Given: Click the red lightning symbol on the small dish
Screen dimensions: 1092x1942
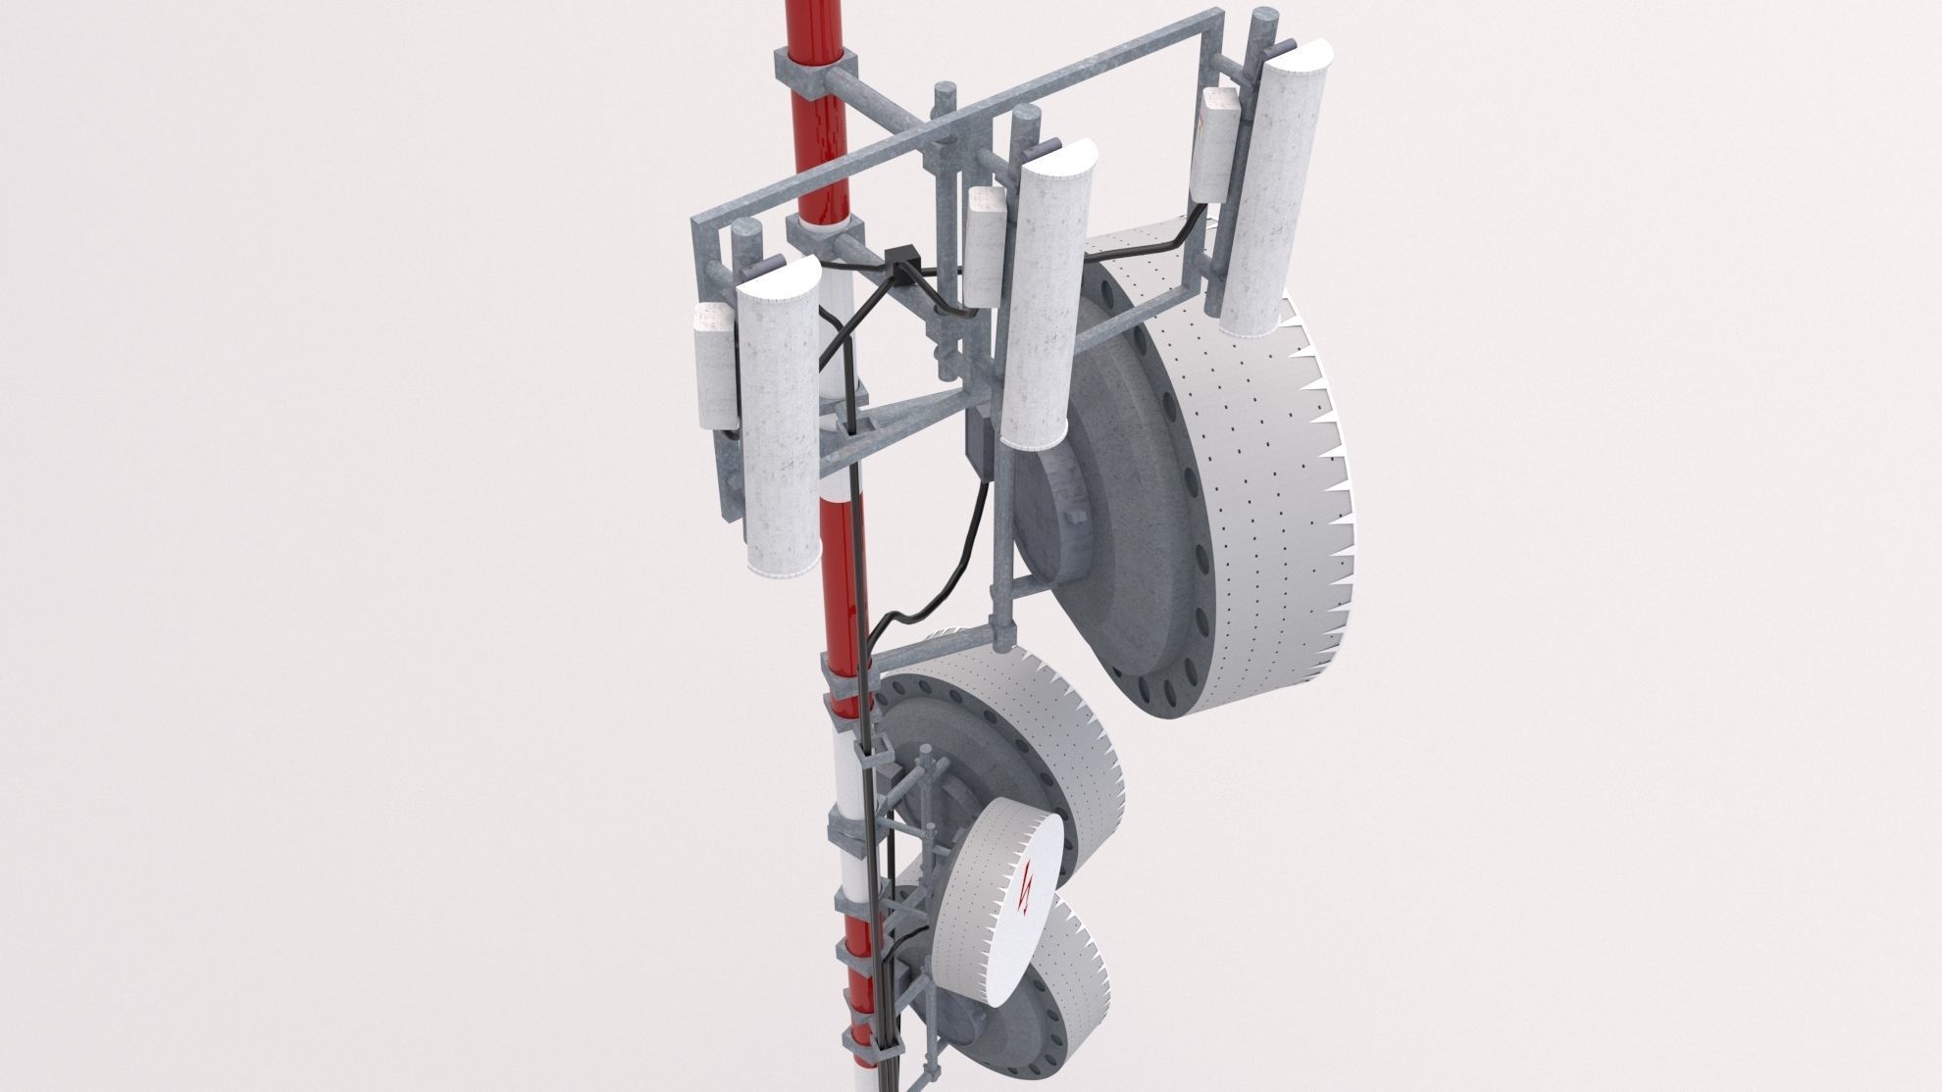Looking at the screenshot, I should [x=1025, y=889].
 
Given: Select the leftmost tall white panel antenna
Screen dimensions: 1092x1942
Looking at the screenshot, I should [x=780, y=431].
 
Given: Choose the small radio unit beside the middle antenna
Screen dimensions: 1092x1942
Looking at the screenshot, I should [x=985, y=245].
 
